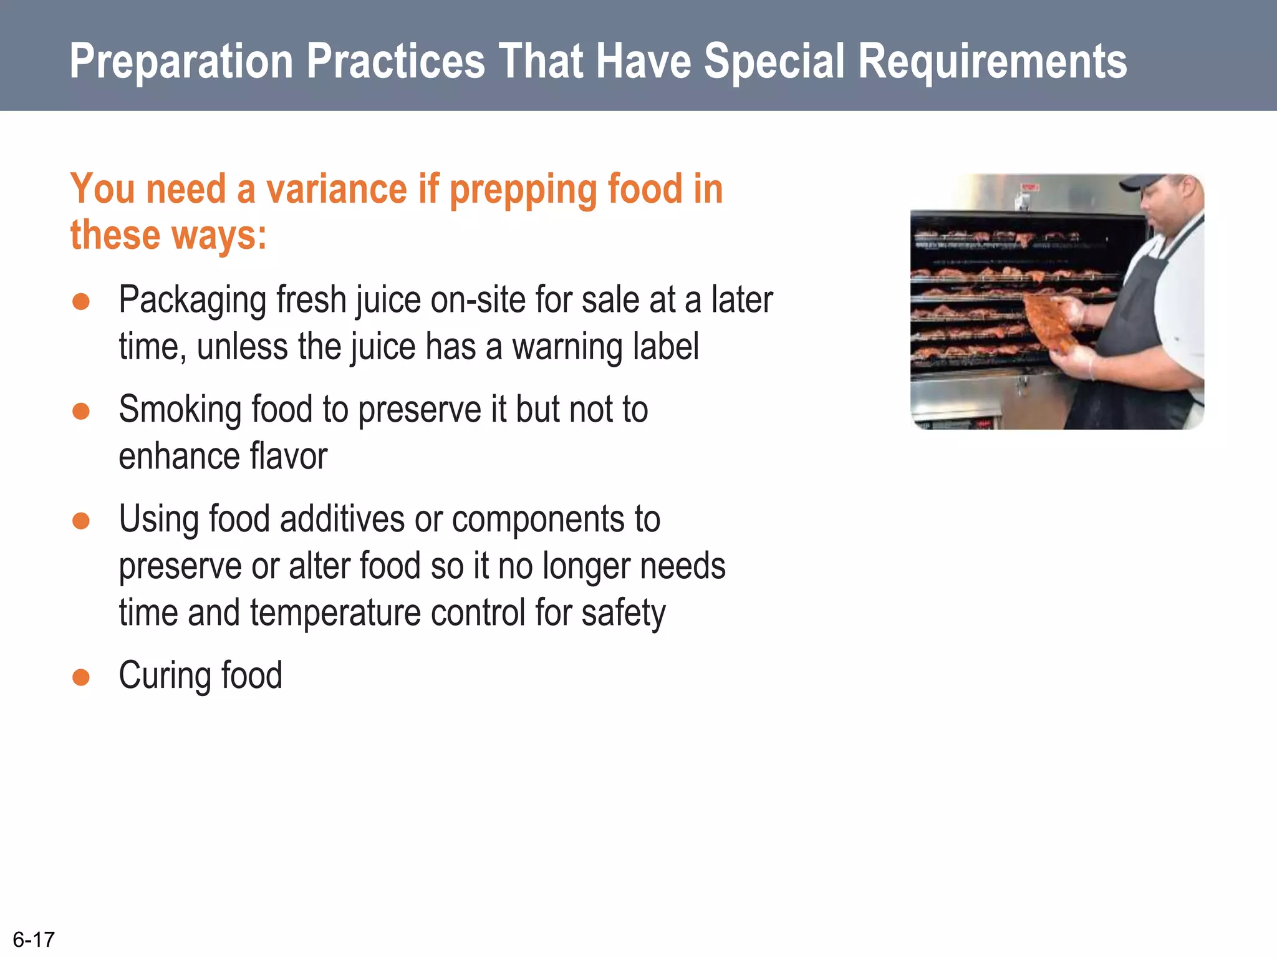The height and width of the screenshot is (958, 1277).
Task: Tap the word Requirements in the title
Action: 992,62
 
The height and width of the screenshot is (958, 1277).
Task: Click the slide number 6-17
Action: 34,939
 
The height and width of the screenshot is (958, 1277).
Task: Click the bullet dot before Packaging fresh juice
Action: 81,302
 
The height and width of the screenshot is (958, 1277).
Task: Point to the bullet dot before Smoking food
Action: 81,412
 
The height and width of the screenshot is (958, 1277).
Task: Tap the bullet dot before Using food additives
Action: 81,521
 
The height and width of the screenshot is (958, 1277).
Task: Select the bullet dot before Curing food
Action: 81,677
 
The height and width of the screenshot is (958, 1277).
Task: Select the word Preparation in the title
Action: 181,62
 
